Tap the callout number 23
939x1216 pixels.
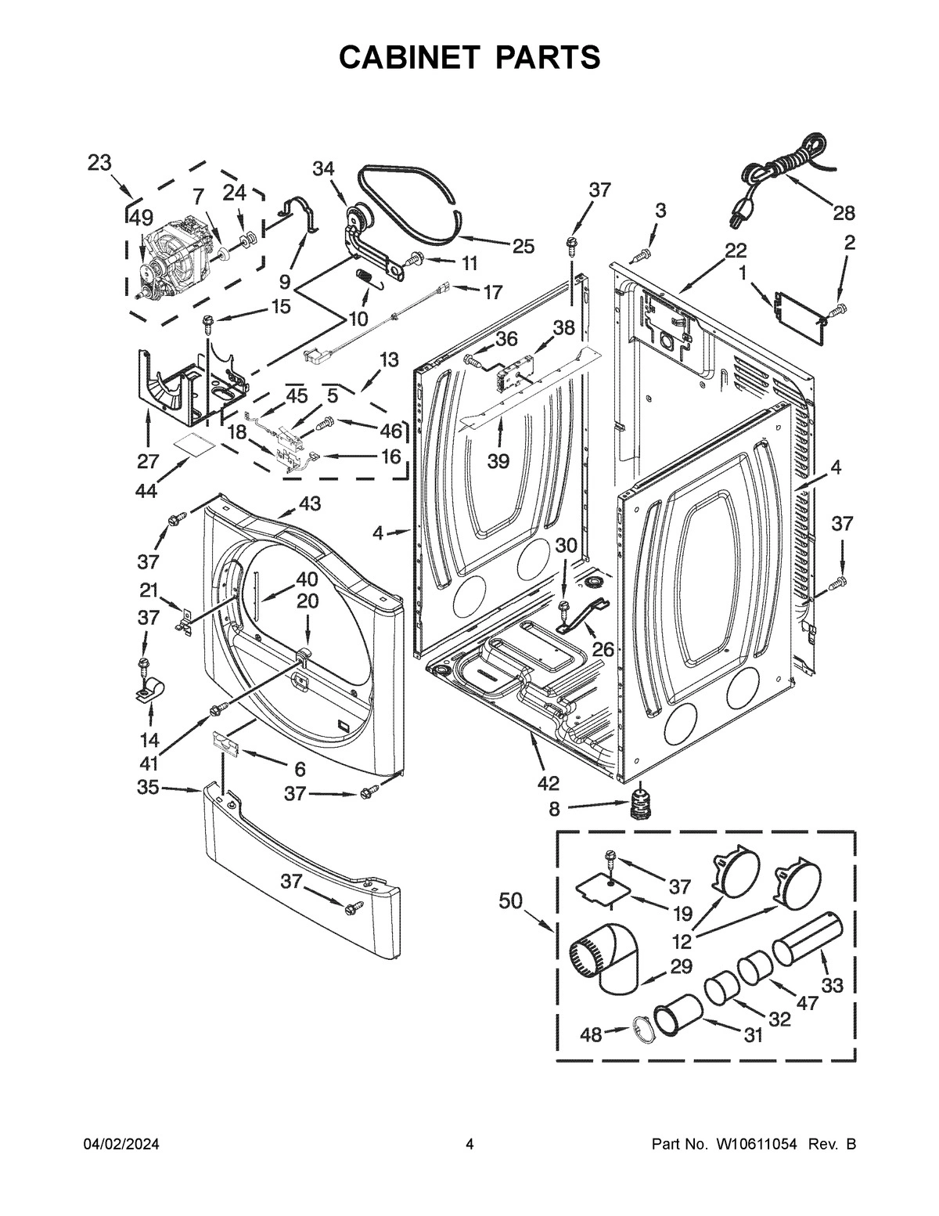point(99,163)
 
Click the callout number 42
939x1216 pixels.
point(549,782)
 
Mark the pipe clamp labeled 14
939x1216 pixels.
point(149,691)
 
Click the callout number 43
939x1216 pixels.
point(310,503)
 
